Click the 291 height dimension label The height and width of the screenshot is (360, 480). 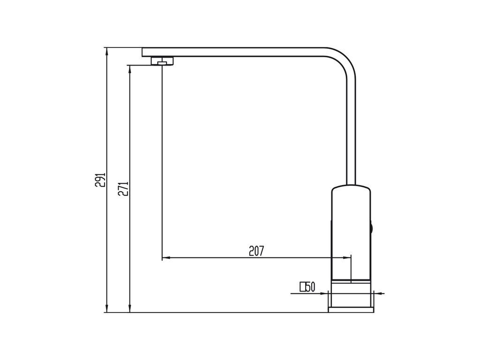pos(100,180)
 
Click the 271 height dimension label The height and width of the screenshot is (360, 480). pos(123,188)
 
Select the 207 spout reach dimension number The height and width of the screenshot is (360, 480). pos(256,251)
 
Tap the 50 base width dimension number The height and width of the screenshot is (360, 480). pos(310,287)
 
